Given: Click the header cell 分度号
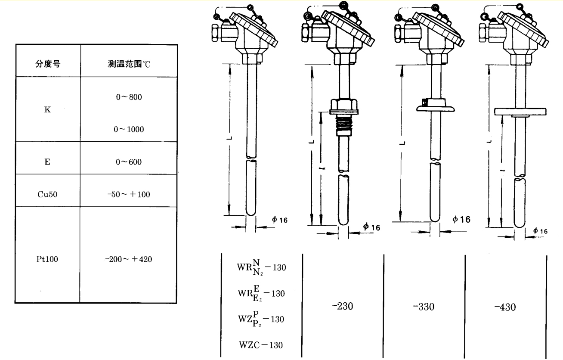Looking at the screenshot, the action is point(48,64).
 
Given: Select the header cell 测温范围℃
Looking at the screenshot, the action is point(129,64).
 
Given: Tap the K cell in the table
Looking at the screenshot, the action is point(47,110).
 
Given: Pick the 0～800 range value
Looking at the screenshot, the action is point(129,97).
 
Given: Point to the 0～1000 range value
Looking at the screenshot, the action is point(129,129).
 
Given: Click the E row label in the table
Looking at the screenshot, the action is point(47,161).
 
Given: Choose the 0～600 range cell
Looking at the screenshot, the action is point(129,162).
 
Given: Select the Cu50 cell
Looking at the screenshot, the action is point(47,194).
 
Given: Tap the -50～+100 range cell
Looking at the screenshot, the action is point(129,194).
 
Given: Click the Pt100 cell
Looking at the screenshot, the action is point(47,259).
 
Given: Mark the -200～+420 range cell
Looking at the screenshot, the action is point(129,259).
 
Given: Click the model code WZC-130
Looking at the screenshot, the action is point(261,345).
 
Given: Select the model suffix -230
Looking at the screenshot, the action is point(343,306).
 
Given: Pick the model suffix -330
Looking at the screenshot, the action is point(424,307).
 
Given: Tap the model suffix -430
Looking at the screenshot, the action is point(505,307).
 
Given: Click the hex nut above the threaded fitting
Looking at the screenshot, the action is point(343,105).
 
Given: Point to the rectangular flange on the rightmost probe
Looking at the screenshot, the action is point(520,112).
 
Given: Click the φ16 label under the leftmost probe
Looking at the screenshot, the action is point(279,220).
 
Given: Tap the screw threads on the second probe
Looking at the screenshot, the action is point(343,125).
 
